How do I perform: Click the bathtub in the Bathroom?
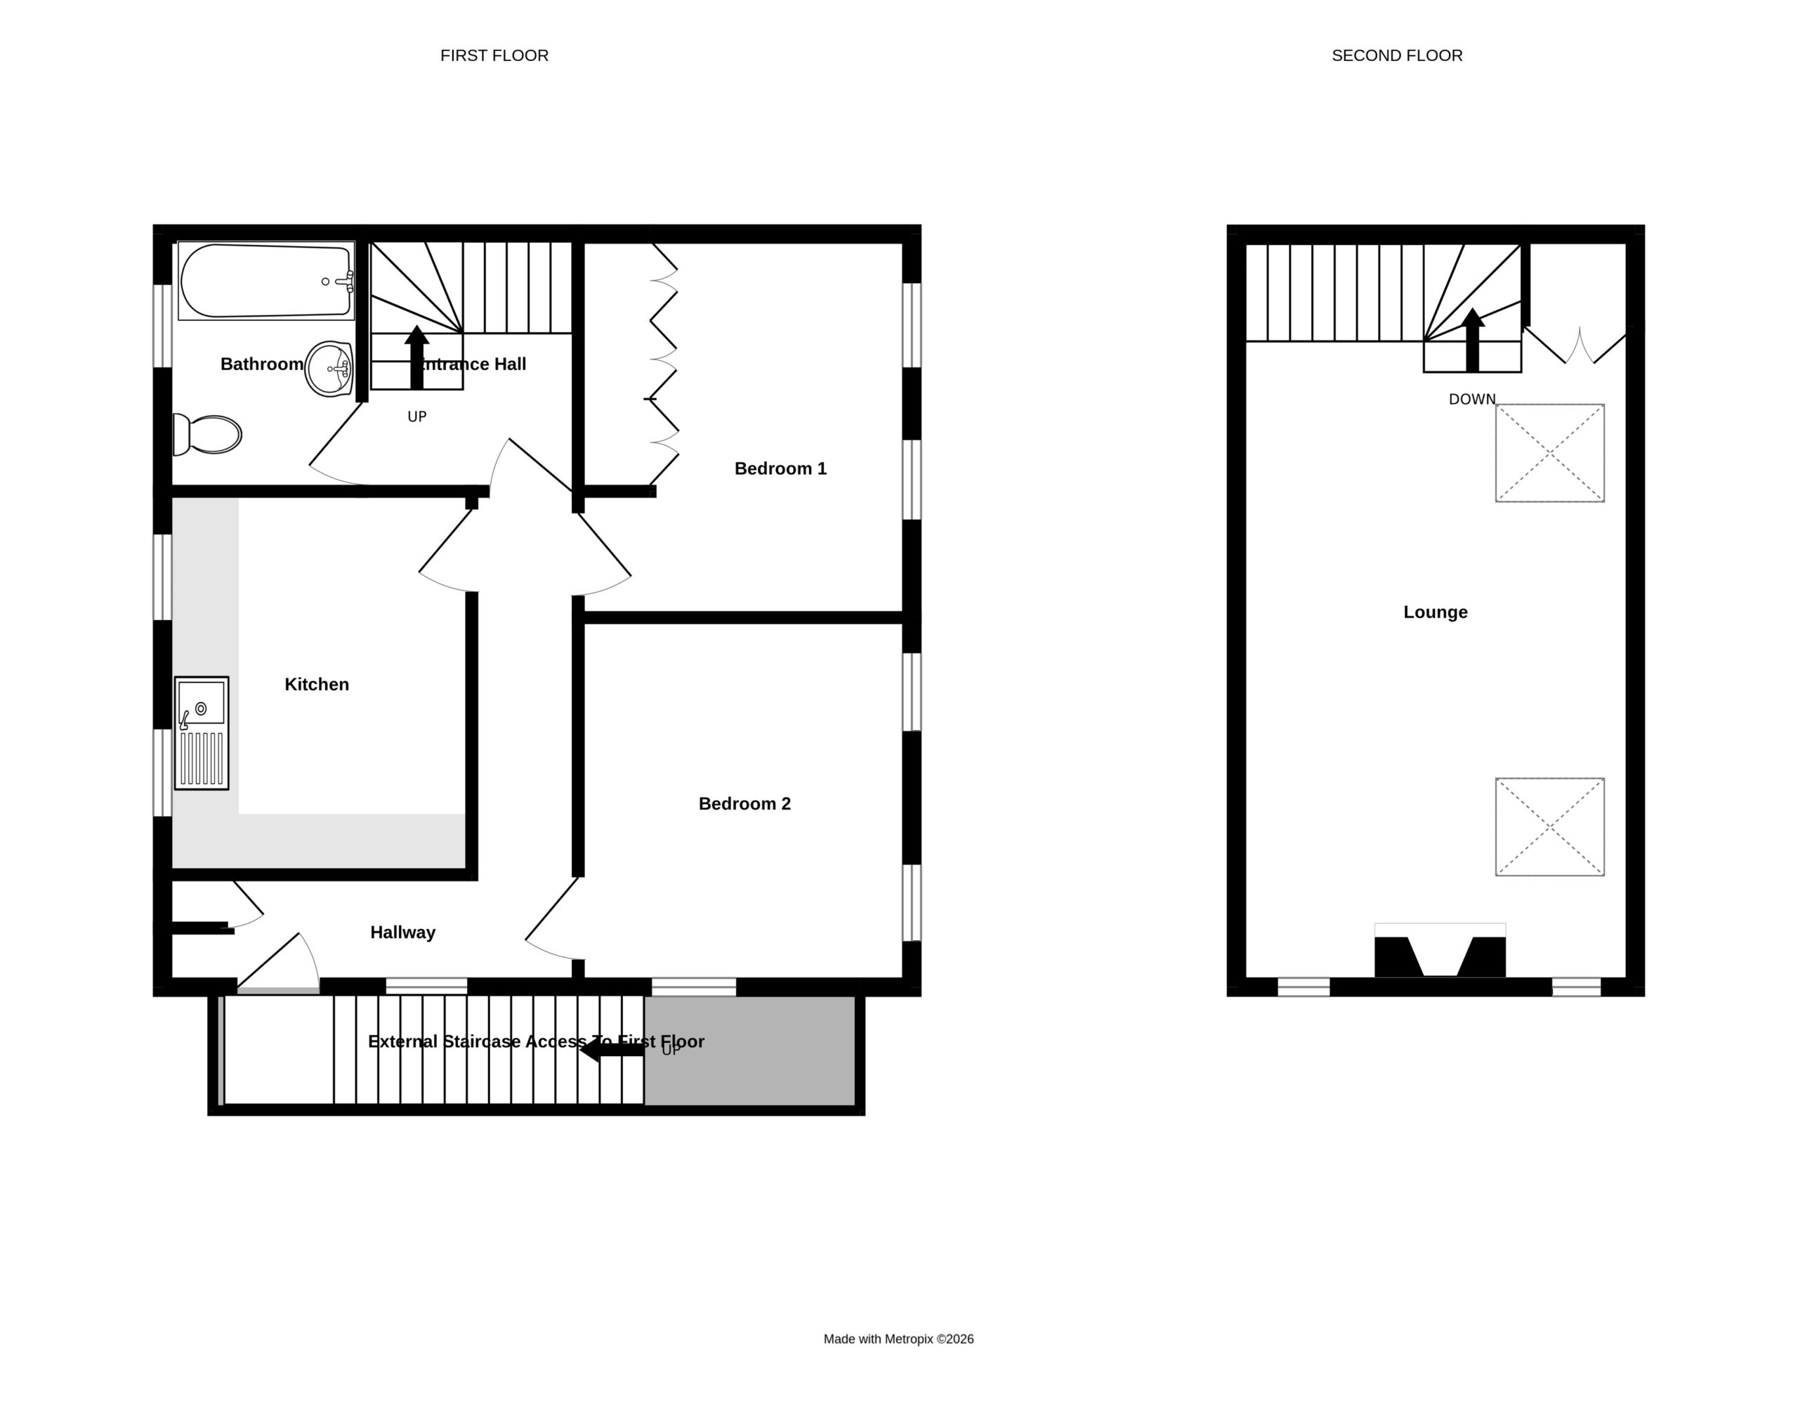coord(266,280)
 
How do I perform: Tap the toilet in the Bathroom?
coord(207,435)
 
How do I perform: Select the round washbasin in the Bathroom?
coord(329,369)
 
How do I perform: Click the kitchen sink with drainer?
coord(202,732)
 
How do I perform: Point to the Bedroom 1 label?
coord(780,469)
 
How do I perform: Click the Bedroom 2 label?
coord(744,804)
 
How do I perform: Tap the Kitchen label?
coord(317,685)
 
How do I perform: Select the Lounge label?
coord(1436,612)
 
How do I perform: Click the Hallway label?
coord(402,932)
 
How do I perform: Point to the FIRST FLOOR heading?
coord(494,55)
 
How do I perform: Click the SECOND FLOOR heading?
coord(1397,55)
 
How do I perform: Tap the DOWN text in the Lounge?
coord(1472,400)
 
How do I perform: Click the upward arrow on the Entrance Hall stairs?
coord(416,357)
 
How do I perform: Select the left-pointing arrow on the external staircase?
coord(612,1050)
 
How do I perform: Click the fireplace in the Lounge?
coord(1440,951)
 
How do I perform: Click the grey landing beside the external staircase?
coord(750,1050)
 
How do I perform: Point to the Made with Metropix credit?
coord(898,1338)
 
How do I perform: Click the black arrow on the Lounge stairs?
coord(1473,340)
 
